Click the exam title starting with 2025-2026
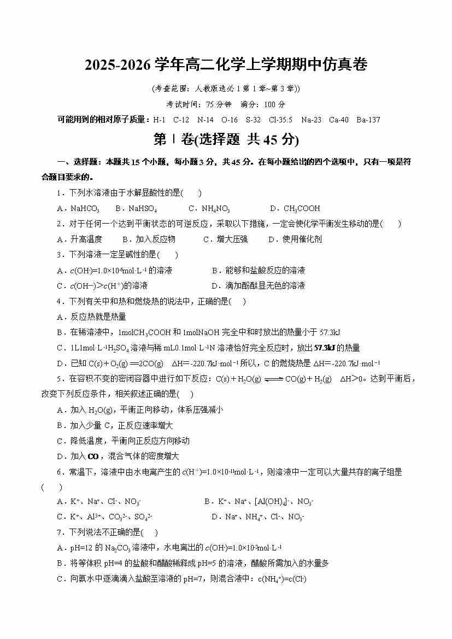(226, 66)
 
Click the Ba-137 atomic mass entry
(368, 120)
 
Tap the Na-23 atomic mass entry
(311, 120)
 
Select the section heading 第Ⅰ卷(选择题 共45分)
(226, 140)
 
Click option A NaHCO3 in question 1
(78, 208)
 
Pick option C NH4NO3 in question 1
(209, 208)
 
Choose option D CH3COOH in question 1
(295, 208)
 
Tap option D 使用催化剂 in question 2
(295, 239)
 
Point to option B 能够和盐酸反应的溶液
(258, 270)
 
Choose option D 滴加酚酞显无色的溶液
(258, 285)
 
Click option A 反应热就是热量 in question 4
(92, 316)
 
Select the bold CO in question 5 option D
(93, 456)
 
